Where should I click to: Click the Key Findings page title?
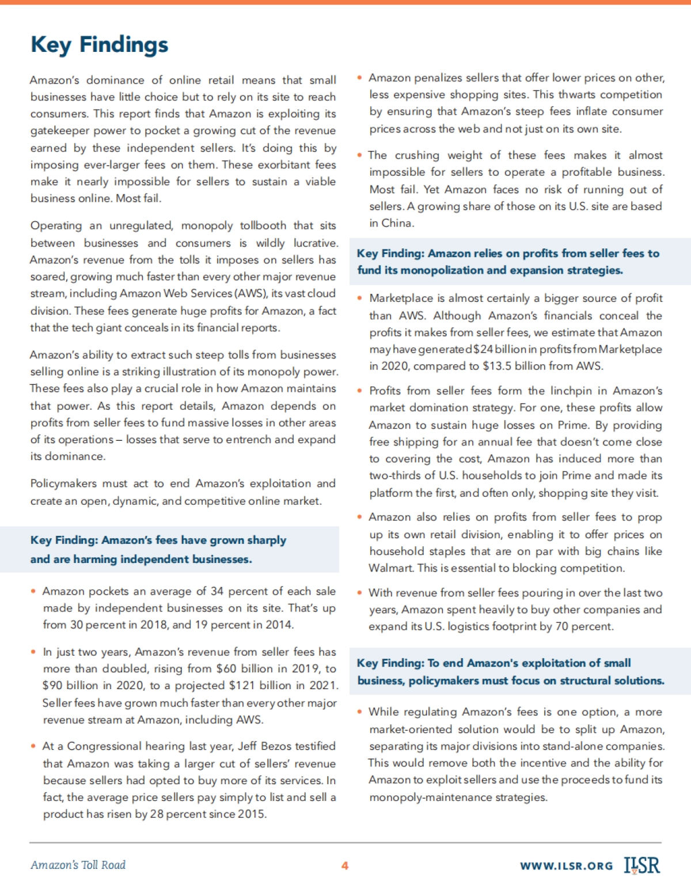point(99,45)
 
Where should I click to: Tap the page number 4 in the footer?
point(345,865)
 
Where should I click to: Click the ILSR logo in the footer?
point(642,865)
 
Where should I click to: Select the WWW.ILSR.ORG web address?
point(566,866)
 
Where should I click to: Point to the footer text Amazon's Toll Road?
point(78,865)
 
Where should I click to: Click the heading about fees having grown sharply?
point(158,549)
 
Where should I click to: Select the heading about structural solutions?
point(510,671)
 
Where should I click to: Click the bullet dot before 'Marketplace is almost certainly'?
point(359,298)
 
